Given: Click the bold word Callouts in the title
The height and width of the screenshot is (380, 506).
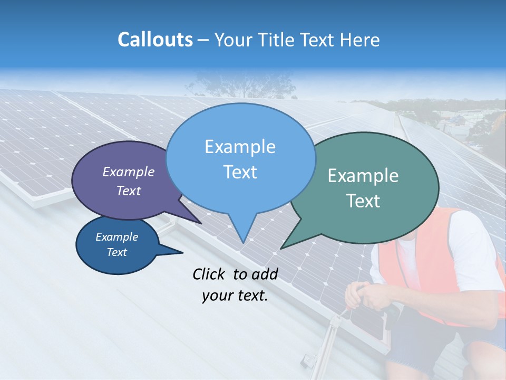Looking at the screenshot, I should point(155,40).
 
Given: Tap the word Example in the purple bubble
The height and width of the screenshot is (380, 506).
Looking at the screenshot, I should point(129,172).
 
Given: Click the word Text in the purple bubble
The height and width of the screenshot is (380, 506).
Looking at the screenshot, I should point(129,191).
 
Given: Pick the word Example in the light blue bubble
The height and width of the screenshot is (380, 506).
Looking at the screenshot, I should point(240,147).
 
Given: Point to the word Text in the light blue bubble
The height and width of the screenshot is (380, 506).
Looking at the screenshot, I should point(240,172).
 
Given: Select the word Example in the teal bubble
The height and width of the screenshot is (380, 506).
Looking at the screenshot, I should point(363,176).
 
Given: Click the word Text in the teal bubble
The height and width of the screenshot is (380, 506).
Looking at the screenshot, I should point(363,201).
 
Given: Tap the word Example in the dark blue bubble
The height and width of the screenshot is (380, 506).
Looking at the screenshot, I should point(116,237).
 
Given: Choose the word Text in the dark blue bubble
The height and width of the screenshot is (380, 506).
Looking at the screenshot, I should point(116,252).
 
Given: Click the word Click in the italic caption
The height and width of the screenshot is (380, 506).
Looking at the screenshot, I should point(211,274).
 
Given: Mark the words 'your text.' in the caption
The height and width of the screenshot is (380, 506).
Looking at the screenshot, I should point(235,296).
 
